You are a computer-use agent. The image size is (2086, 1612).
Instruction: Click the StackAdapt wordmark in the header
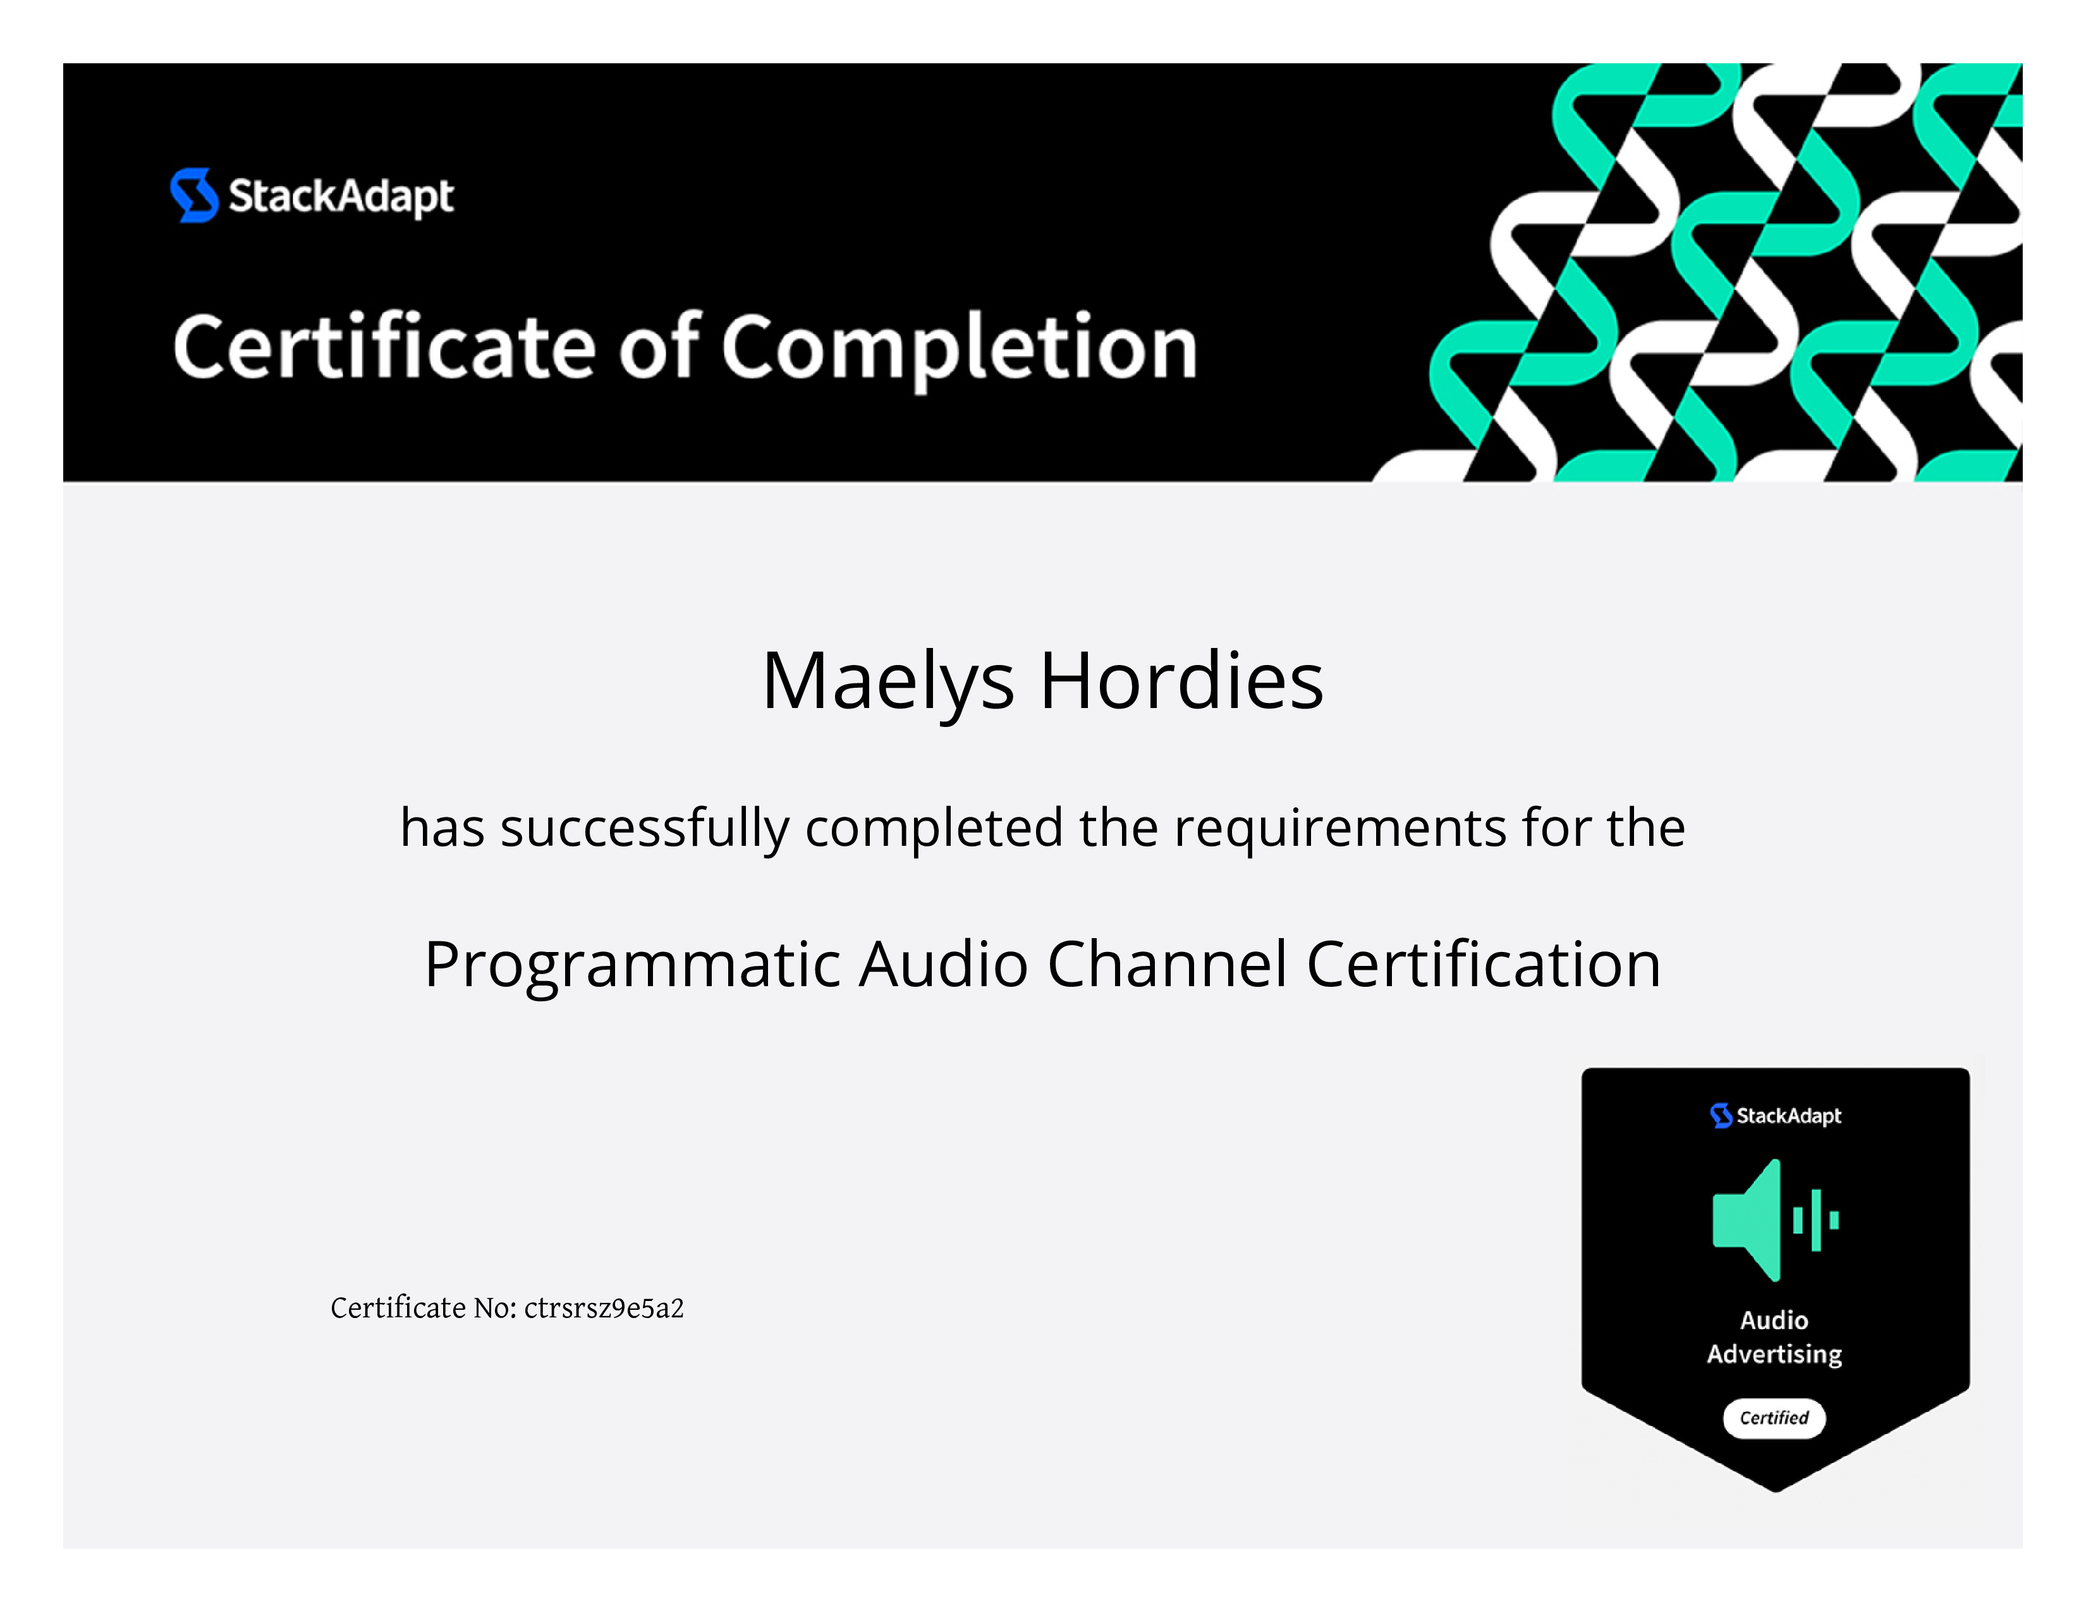(x=341, y=197)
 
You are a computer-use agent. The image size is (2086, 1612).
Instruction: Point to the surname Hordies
(x=1181, y=680)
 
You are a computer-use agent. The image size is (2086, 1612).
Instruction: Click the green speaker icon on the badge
(x=1774, y=1219)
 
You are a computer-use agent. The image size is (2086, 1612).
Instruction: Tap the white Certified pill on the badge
(x=1774, y=1418)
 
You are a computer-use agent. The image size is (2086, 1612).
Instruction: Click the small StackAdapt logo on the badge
(x=1774, y=1115)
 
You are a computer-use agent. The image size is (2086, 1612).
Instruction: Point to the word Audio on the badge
(x=1774, y=1320)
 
